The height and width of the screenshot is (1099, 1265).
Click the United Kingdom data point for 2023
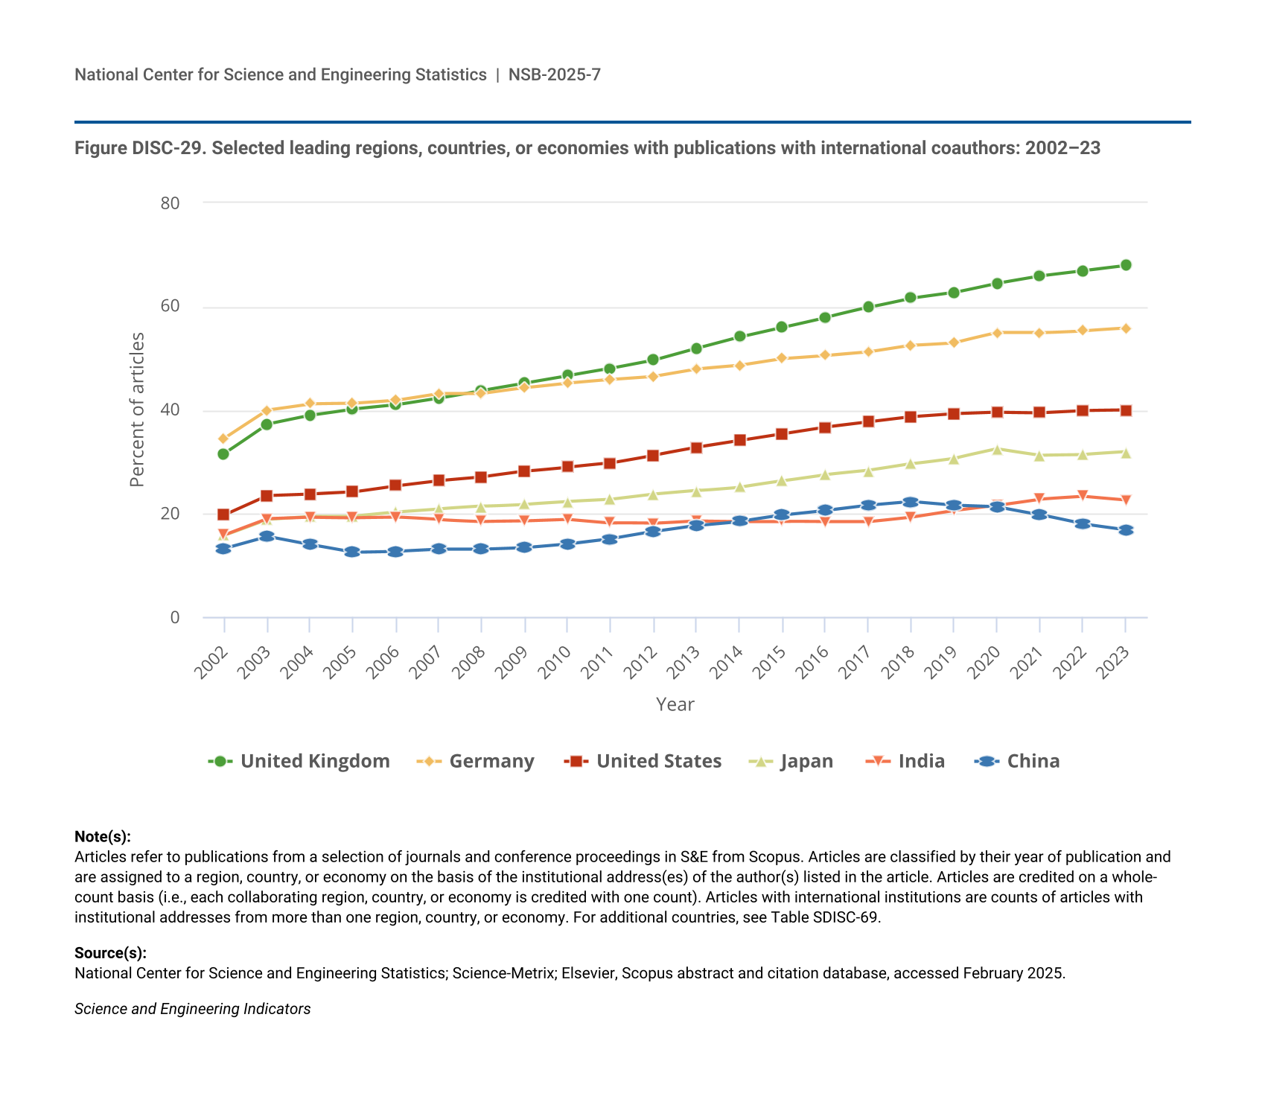click(x=1126, y=265)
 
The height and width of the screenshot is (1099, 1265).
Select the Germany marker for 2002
click(x=223, y=439)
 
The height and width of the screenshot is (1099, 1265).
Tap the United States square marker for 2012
click(x=653, y=456)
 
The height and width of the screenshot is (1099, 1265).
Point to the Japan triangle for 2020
click(x=997, y=449)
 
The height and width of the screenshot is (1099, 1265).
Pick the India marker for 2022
click(x=1083, y=496)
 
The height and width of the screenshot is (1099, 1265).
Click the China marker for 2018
click(x=911, y=502)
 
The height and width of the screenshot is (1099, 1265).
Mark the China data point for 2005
click(x=352, y=552)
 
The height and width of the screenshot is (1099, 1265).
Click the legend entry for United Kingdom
click(x=299, y=761)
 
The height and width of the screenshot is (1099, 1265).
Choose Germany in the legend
click(x=476, y=761)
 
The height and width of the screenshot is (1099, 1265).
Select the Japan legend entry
click(x=791, y=761)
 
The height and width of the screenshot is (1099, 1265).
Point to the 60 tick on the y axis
click(x=170, y=307)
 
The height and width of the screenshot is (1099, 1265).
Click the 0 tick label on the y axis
click(x=175, y=617)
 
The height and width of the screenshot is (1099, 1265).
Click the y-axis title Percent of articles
click(x=137, y=410)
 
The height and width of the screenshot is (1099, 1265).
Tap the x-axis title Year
click(x=675, y=704)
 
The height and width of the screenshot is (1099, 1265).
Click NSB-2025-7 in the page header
click(x=554, y=74)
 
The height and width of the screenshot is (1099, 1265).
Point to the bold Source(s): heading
click(x=110, y=953)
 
